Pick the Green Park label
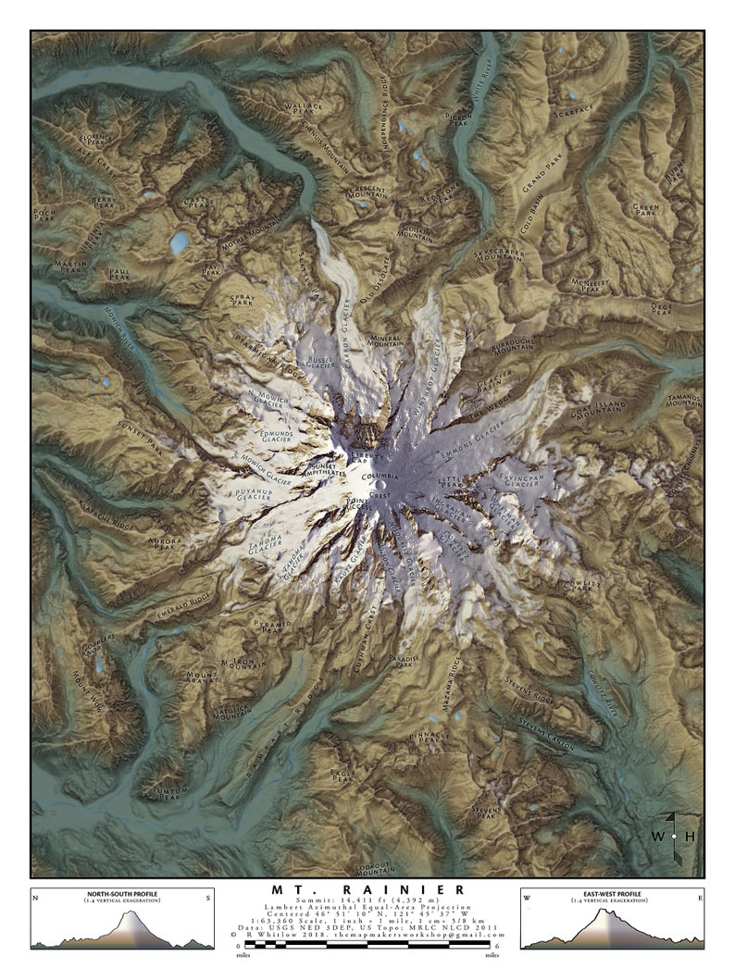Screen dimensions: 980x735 (x=645, y=209)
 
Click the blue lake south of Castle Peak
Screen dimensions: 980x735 (x=179, y=242)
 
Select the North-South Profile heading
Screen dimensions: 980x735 (x=120, y=893)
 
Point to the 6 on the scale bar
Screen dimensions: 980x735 (x=498, y=946)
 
